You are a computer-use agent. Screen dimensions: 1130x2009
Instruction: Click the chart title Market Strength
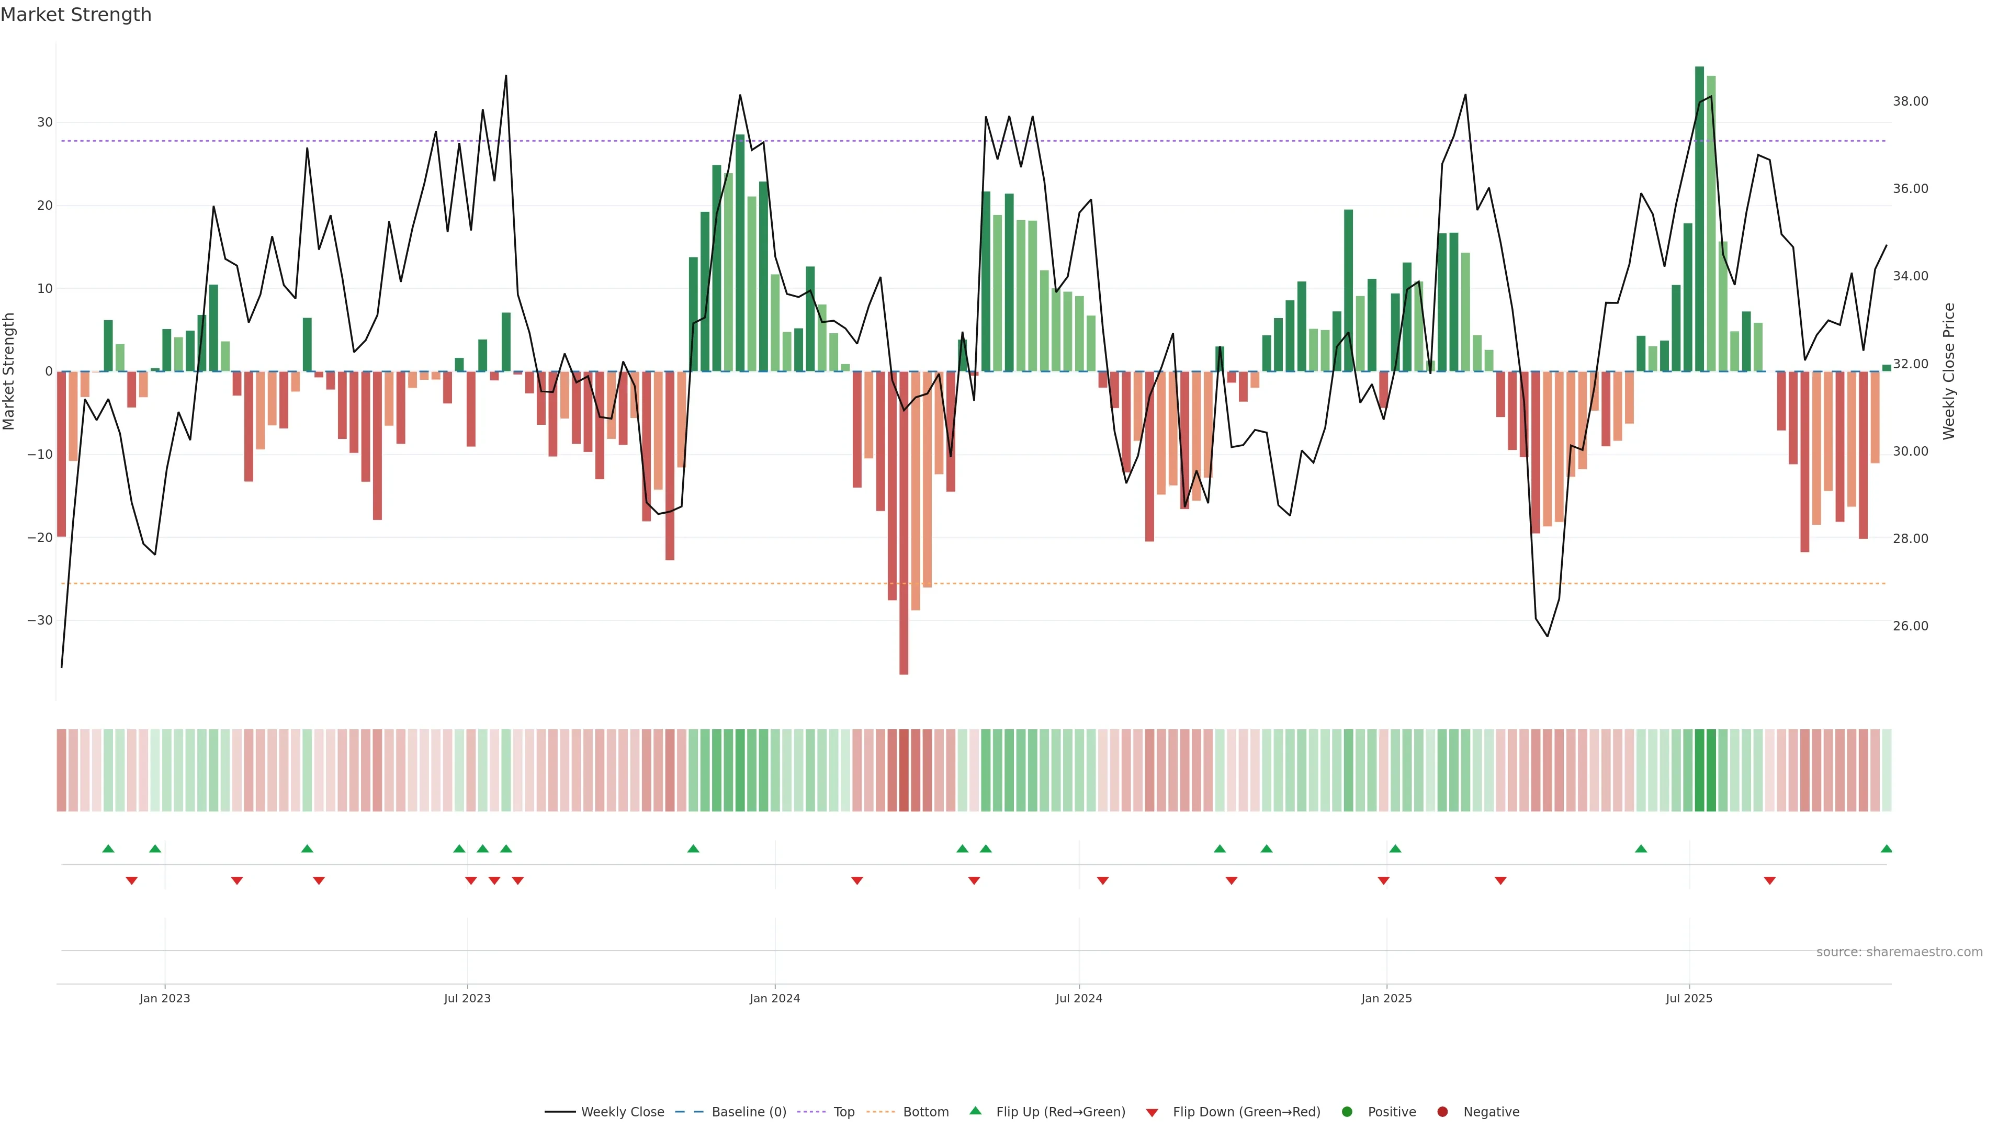coord(76,15)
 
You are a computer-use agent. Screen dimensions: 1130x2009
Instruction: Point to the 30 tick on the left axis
coord(44,122)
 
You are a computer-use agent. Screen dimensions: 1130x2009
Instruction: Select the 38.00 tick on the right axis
coord(1910,101)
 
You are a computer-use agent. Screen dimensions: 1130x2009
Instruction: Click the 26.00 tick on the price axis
coord(1910,626)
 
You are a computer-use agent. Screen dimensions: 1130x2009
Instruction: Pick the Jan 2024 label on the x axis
coord(774,998)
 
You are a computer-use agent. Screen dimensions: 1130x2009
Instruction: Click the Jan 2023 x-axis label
coord(165,998)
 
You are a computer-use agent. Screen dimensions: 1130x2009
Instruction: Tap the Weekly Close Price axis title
coord(1949,371)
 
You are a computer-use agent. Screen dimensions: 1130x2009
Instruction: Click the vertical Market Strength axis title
coord(9,371)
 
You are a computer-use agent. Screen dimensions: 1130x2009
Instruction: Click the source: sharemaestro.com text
coord(1899,952)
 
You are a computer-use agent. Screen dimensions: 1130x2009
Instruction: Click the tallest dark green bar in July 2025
coord(1699,218)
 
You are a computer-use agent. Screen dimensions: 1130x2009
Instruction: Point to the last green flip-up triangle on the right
coord(1886,849)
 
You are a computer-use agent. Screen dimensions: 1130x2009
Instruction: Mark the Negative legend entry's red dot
coord(1442,1112)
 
